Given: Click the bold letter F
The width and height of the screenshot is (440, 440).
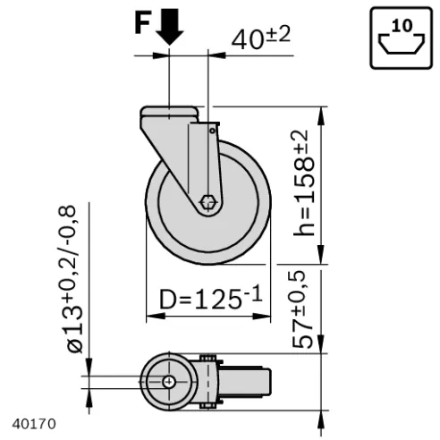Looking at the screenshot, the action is click(x=142, y=23).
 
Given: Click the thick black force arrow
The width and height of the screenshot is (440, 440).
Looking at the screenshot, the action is click(x=169, y=27).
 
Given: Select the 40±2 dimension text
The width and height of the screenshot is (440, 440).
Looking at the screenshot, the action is click(x=261, y=38).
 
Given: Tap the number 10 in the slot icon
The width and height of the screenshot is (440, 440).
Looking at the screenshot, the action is click(x=402, y=26).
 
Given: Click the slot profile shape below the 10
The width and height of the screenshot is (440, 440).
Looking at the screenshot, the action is click(x=402, y=45).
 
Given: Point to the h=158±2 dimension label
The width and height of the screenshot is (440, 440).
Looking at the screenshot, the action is click(x=304, y=183).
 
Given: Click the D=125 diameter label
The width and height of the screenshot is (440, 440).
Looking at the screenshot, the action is click(x=211, y=298).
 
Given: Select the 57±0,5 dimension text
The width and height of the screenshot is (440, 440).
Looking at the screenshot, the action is click(x=302, y=309).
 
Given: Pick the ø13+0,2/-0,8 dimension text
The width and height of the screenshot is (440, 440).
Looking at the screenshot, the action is click(x=71, y=279).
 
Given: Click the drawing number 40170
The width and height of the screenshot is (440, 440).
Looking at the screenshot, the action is click(x=34, y=424).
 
